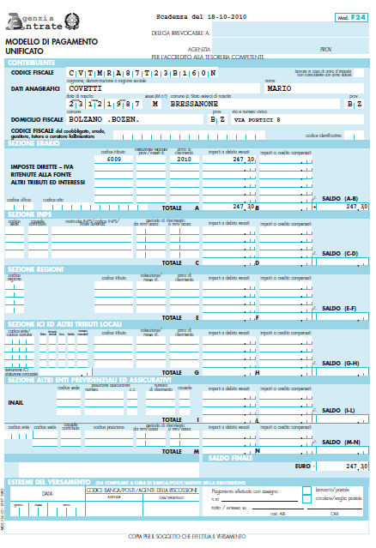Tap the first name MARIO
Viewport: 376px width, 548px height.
[x=280, y=87]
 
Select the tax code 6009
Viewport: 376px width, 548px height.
[x=113, y=160]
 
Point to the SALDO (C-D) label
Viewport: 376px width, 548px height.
[x=338, y=254]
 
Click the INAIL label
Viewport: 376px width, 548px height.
[x=16, y=376]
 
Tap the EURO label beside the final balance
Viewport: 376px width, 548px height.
[x=302, y=466]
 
